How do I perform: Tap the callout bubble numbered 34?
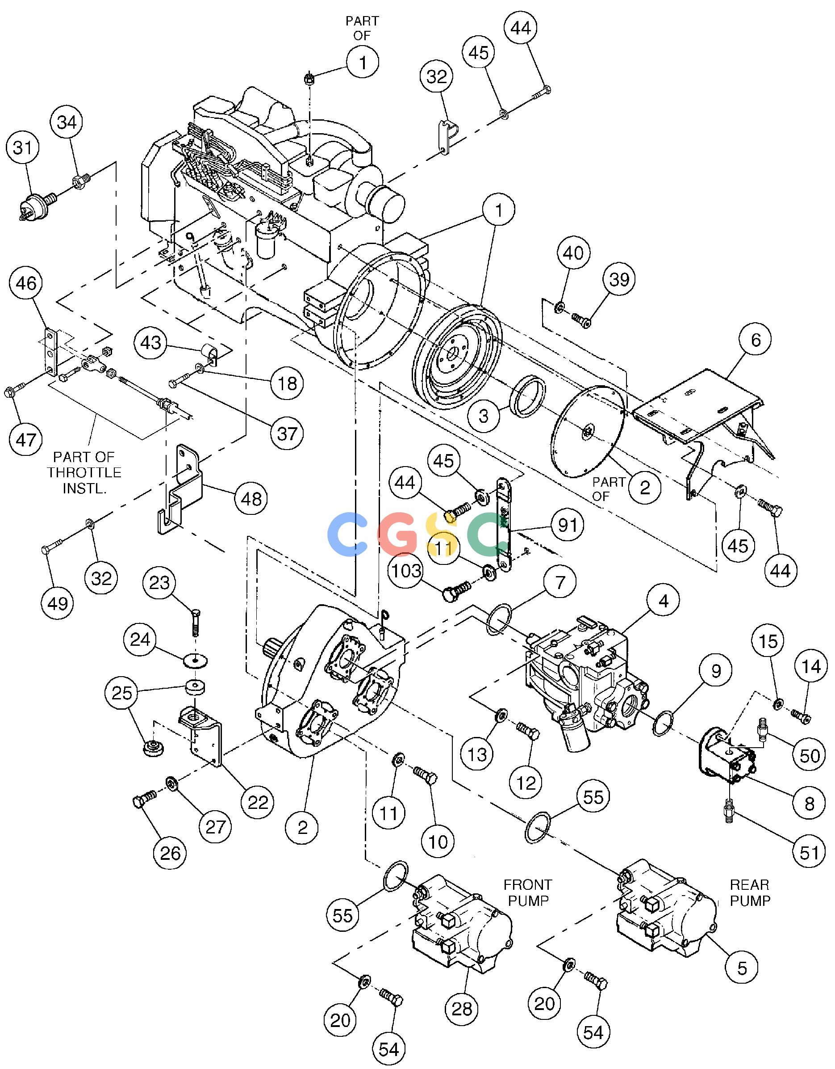click(x=67, y=122)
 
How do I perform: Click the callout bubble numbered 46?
click(x=26, y=283)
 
